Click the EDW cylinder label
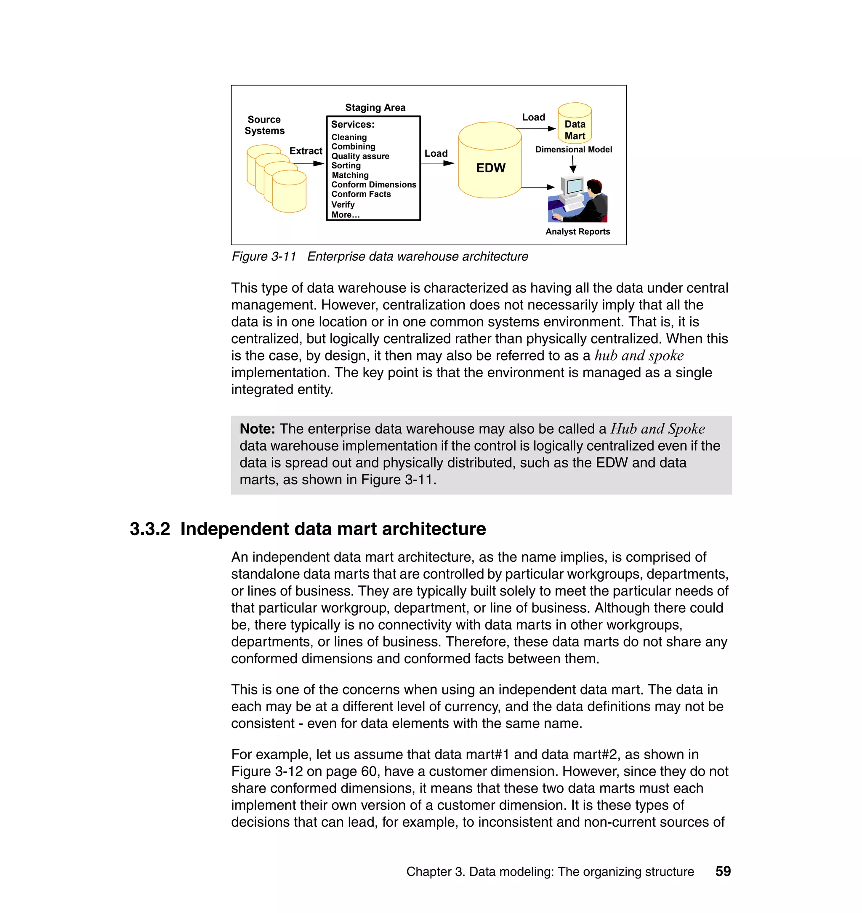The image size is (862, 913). click(490, 168)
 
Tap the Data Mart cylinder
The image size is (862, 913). click(575, 124)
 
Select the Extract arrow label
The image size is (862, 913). click(306, 151)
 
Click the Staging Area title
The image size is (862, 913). click(375, 107)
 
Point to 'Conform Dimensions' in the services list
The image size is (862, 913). click(374, 184)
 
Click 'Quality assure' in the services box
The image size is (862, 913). click(360, 156)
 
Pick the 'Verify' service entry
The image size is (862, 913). click(343, 205)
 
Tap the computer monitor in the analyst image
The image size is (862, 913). click(575, 187)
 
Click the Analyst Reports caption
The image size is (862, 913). click(577, 232)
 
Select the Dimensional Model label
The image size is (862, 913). click(573, 149)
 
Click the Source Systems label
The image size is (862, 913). click(264, 125)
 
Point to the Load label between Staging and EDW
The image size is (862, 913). click(436, 154)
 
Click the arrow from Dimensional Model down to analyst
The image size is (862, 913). click(573, 164)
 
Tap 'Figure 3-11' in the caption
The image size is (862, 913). click(264, 256)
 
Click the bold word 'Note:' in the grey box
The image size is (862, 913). click(257, 429)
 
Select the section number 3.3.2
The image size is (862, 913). click(150, 529)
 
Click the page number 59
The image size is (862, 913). click(723, 871)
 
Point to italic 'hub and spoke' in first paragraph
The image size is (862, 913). click(639, 356)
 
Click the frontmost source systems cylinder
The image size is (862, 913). click(289, 192)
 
